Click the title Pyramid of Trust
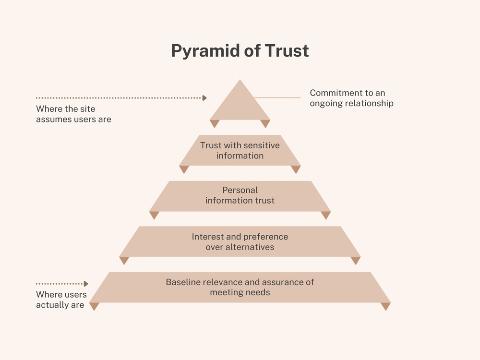(x=240, y=51)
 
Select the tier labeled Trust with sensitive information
(x=240, y=150)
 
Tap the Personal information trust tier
(x=240, y=196)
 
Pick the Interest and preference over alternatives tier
(x=240, y=241)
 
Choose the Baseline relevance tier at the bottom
(x=240, y=287)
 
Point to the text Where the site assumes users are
(x=73, y=114)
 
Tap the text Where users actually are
(x=61, y=300)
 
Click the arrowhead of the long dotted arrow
(x=204, y=98)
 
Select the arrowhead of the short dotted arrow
(x=86, y=284)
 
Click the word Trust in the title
(x=286, y=51)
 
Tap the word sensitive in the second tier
(x=261, y=145)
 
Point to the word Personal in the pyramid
(x=240, y=190)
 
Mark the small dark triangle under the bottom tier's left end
(x=94, y=306)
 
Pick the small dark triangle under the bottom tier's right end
(x=385, y=306)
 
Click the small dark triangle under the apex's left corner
(x=215, y=123)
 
